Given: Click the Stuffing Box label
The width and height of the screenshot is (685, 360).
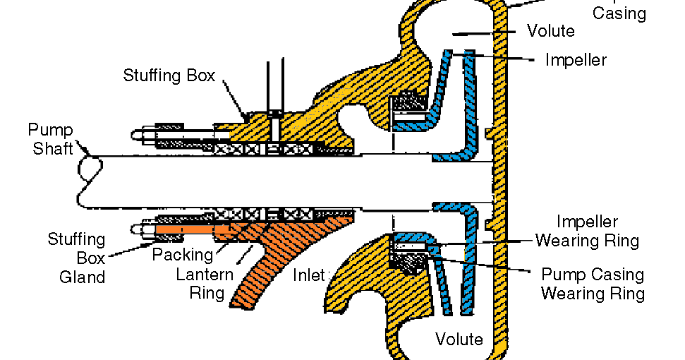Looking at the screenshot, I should pos(169,76).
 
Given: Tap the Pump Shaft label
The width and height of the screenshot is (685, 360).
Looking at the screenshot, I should pos(50,139).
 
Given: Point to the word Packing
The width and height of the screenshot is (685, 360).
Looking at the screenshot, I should pos(182,255).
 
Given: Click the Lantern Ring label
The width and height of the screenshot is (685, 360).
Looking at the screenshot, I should pos(200,283).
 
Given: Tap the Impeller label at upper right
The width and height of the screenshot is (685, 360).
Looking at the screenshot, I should pos(576,59).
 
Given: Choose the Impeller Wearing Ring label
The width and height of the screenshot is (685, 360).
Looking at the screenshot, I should pos(587,232).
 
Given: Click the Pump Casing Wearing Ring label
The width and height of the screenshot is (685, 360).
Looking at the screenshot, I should pos(593,284).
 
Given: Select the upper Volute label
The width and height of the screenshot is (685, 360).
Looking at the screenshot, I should pos(550,31).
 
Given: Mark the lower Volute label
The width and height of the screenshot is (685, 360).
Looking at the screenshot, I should pos(459,339).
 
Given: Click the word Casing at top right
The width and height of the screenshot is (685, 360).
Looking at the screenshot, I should pos(619,13).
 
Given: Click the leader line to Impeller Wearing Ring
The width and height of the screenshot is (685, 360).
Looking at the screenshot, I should pos(480,242).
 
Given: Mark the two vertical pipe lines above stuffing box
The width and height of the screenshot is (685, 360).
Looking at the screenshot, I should pos(275,85).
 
